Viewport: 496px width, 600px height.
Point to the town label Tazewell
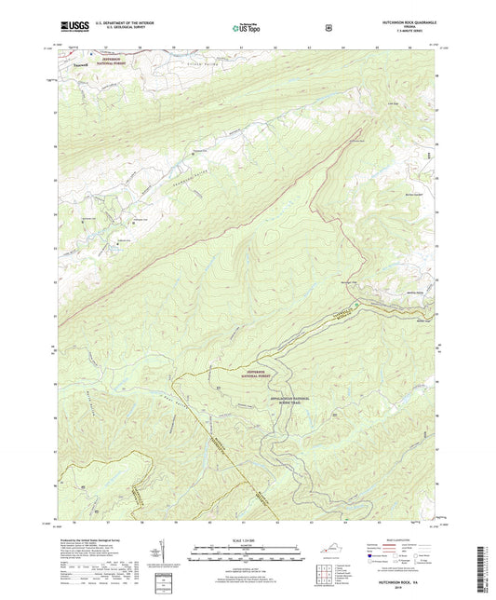(x=82, y=66)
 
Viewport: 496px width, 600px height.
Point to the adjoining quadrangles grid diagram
(x=326, y=576)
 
